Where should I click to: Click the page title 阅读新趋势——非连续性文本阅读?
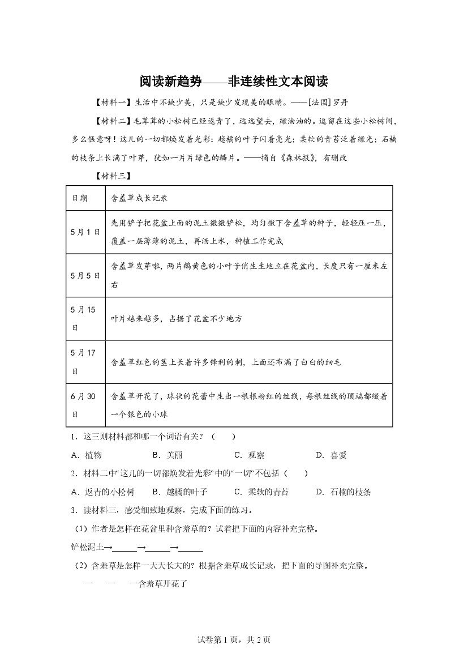click(234, 82)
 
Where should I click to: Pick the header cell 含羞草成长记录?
click(140, 198)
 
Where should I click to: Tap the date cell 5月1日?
click(85, 232)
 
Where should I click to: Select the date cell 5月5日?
click(85, 276)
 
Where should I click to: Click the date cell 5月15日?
click(83, 318)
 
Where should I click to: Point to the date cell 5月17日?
click(83, 361)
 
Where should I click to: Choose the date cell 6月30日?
click(83, 405)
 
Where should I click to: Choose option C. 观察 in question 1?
click(249, 455)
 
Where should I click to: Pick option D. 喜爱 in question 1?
click(331, 455)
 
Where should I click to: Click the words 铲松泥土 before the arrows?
click(86, 548)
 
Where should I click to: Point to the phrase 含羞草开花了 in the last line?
click(160, 584)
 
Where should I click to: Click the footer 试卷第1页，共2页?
click(234, 640)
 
